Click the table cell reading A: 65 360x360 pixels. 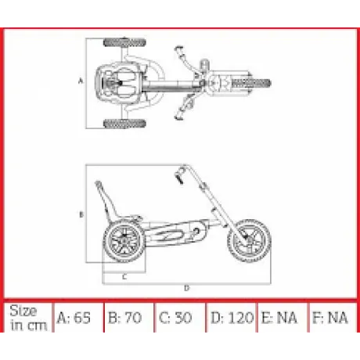[78, 318]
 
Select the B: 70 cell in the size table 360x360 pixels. [129, 318]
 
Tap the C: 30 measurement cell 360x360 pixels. [180, 318]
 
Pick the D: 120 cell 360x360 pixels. [232, 318]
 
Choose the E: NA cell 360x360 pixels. [283, 318]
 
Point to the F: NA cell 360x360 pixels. [333, 318]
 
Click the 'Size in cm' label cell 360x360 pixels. [28, 318]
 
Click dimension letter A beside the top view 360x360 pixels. [81, 81]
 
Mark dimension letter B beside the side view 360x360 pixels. [81, 214]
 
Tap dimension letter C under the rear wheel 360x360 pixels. [124, 277]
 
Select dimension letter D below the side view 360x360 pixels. [186, 288]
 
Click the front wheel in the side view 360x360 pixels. [249, 241]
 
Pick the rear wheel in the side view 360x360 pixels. [124, 241]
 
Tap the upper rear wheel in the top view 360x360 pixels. [124, 42]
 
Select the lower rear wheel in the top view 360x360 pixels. [124, 124]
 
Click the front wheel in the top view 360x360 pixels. [251, 84]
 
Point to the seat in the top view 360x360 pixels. [117, 83]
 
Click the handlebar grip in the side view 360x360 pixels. [180, 176]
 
